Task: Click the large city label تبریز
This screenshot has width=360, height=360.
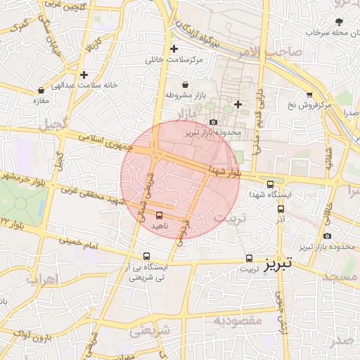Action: [x=282, y=264]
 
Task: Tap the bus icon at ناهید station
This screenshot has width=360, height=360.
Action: [x=158, y=215]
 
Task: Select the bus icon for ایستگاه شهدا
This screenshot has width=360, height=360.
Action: [x=271, y=184]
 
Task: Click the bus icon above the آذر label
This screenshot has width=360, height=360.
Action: [x=281, y=209]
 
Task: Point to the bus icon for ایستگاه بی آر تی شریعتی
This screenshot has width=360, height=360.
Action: [x=146, y=257]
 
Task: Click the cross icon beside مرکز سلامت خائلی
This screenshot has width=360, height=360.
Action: [x=174, y=49]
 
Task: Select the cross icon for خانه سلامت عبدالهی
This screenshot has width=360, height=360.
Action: [x=84, y=75]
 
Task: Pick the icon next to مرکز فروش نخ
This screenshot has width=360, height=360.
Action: [x=309, y=94]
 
